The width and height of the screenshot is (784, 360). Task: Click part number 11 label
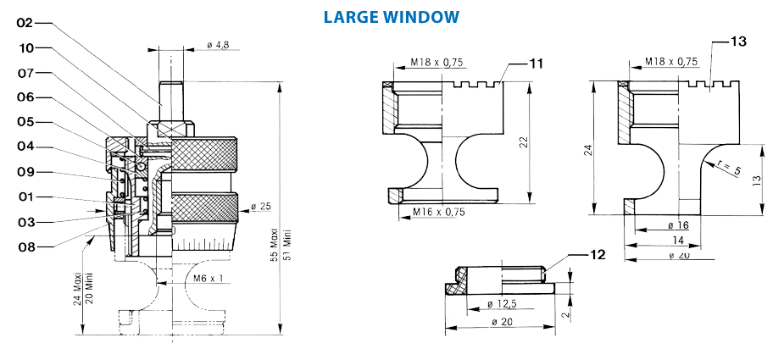pos(536,64)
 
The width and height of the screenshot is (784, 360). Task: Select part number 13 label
pos(738,42)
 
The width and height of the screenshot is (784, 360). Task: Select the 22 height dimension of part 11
pos(524,141)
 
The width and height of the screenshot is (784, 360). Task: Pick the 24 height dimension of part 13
pos(587,150)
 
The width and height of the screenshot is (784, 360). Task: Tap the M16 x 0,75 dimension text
pos(440,212)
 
